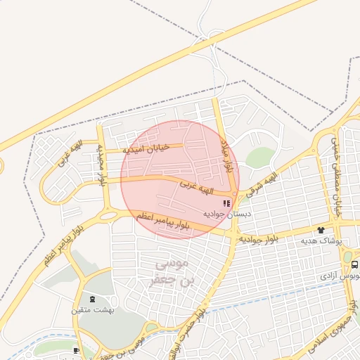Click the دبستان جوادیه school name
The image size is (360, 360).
point(226,213)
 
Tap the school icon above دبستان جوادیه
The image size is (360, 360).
point(226,202)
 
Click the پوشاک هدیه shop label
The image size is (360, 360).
point(321,240)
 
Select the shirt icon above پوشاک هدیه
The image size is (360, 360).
point(321,230)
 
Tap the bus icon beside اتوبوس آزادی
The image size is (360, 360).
point(354,265)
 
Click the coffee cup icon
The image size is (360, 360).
point(76,350)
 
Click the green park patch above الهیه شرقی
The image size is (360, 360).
point(259,158)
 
